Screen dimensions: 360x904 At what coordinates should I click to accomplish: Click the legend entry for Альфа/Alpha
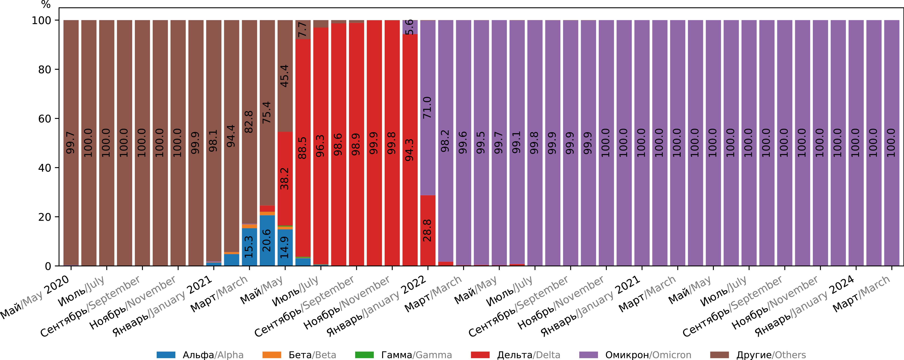coord(200,355)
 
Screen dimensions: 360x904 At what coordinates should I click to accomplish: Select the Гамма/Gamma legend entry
coord(404,355)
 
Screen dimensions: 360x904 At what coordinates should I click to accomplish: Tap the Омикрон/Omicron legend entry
coord(635,355)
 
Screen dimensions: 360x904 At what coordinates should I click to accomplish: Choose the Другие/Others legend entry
coord(762,355)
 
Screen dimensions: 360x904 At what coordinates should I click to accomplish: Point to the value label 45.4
coord(285,76)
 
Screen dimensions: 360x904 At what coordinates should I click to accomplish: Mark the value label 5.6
coord(410,27)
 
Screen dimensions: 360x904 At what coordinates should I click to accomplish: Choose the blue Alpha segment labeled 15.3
coord(249,247)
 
